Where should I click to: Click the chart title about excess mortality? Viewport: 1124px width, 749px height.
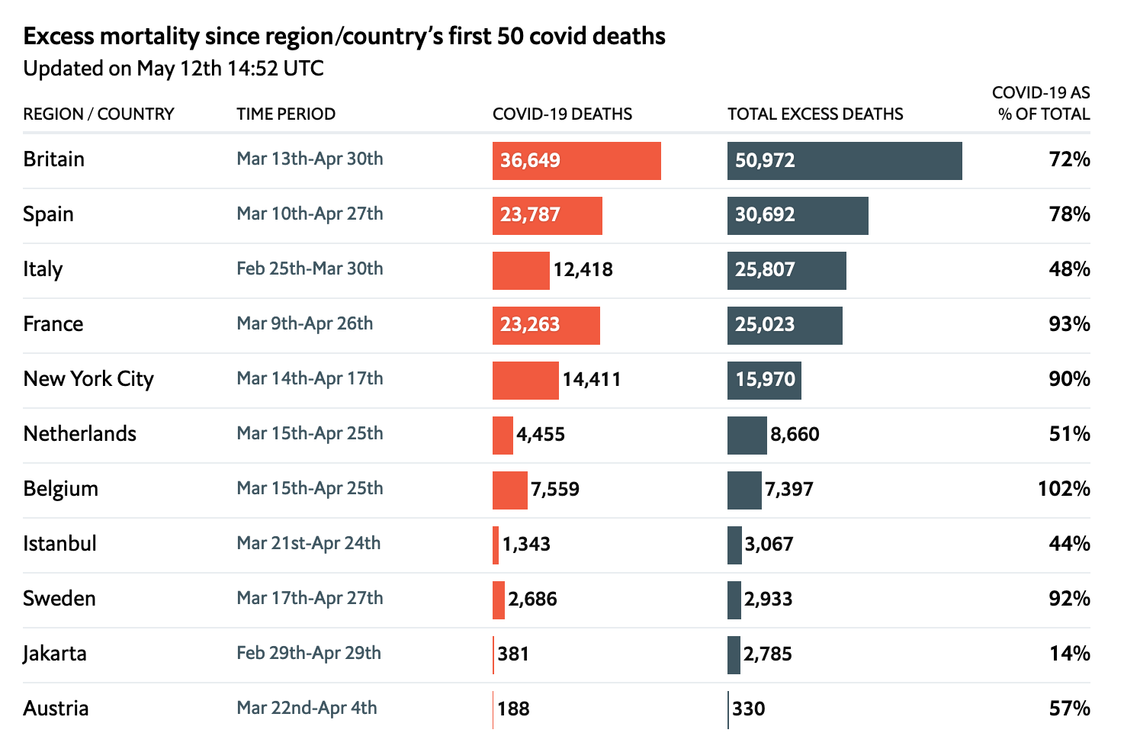(344, 37)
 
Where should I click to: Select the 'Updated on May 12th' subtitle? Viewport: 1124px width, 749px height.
(173, 69)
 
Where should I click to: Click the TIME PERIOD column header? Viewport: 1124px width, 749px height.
(286, 114)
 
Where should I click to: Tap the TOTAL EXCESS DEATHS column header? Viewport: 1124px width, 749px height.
(815, 114)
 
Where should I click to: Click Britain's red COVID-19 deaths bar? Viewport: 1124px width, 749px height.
(576, 161)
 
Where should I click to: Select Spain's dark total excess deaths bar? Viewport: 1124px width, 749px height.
(798, 216)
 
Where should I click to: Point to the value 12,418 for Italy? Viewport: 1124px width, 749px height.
(583, 270)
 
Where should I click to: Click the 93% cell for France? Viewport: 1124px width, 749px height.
(1069, 325)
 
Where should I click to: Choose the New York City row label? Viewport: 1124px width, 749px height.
(88, 379)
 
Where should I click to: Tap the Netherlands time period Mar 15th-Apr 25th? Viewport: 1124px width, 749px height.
(310, 434)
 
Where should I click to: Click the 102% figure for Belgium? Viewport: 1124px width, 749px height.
(1064, 489)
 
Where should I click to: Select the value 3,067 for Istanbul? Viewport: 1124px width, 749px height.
(769, 545)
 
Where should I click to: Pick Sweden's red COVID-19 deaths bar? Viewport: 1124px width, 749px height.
(499, 600)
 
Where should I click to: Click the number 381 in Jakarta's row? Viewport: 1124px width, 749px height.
(513, 654)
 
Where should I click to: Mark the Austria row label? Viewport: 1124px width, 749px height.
(56, 709)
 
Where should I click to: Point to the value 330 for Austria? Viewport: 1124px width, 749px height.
(749, 709)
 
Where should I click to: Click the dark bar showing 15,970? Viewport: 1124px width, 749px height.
(764, 381)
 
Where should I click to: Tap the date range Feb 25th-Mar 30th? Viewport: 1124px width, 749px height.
(310, 269)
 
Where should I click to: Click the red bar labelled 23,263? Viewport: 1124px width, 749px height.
(546, 326)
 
